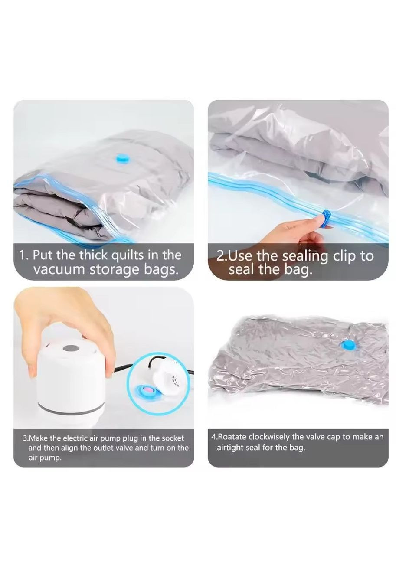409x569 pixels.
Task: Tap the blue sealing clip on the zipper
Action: [326, 219]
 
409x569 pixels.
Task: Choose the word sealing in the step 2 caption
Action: [305, 256]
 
